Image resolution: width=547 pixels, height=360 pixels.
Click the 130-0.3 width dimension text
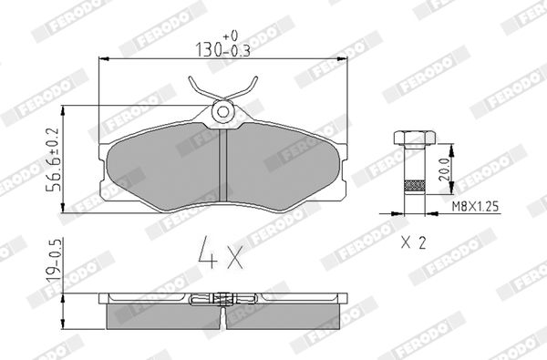coord(222,50)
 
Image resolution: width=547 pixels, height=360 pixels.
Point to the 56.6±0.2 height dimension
coord(54,159)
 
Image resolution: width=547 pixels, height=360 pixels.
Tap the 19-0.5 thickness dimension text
coord(55,261)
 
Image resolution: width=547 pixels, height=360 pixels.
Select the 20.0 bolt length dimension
coord(444,169)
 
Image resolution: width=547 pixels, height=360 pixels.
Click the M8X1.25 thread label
coord(475,207)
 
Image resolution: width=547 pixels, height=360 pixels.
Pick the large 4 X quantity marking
coord(221,252)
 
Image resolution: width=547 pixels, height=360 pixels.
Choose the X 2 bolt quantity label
coord(413,242)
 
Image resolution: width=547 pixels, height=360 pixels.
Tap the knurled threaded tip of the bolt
coord(415,186)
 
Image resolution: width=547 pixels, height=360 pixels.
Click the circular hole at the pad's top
coord(223,111)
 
